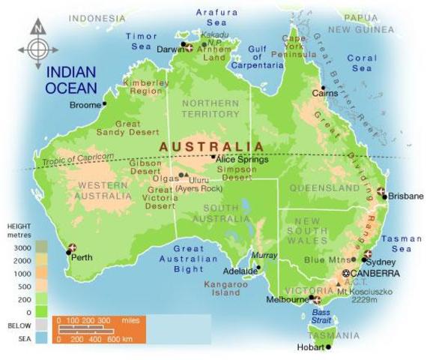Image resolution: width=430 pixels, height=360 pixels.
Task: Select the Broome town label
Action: point(84,105)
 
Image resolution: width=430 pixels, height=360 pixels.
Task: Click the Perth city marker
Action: point(72,248)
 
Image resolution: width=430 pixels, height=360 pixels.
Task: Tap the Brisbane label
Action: point(405,196)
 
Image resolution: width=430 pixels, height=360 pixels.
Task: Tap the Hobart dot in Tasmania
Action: point(329,347)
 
